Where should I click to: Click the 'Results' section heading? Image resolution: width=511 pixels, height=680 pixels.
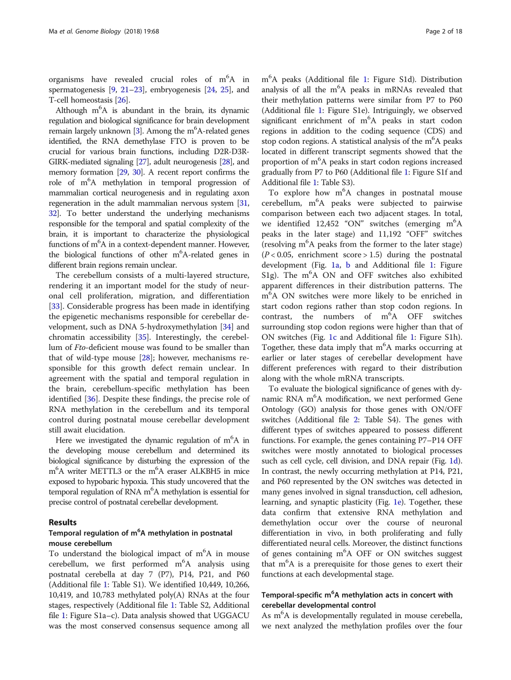tap(62, 522)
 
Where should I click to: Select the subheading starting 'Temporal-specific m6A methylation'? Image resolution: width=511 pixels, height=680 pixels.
tap(357, 595)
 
